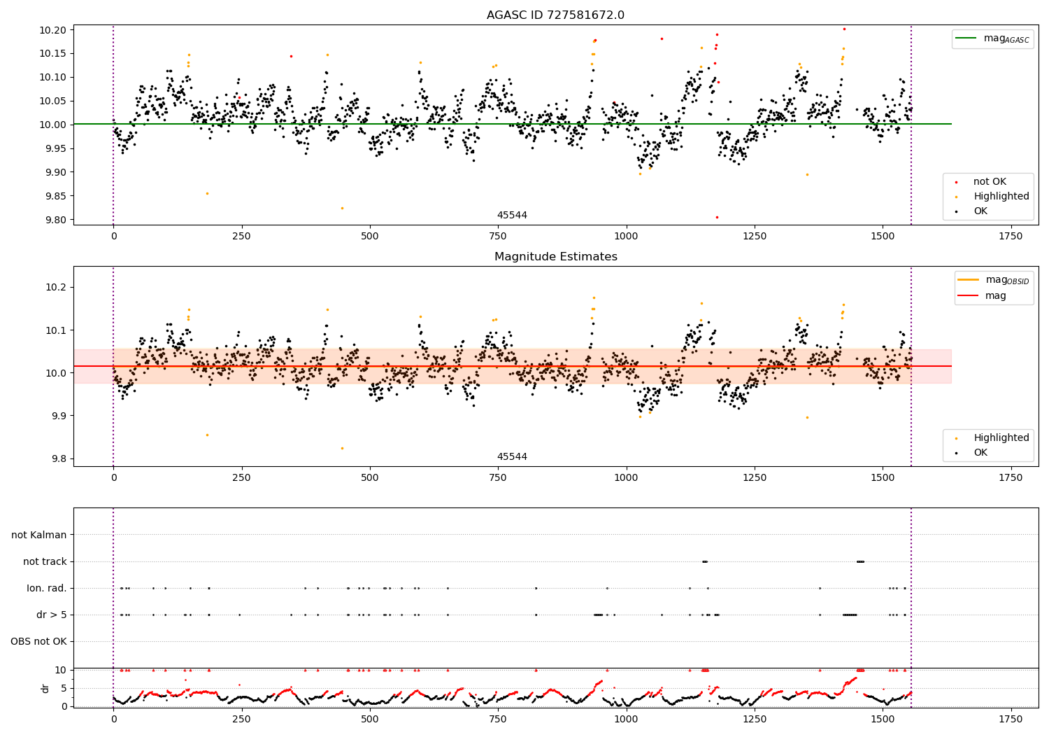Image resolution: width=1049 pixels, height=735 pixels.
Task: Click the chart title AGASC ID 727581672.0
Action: (555, 15)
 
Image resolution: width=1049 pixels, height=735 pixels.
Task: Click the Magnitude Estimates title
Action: (555, 257)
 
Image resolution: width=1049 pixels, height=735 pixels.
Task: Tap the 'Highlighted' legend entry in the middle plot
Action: (1001, 438)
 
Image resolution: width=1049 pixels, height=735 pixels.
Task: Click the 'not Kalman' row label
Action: (39, 535)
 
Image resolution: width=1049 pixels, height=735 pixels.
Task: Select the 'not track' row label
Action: (45, 562)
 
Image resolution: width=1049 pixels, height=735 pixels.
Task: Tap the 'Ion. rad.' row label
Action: (46, 589)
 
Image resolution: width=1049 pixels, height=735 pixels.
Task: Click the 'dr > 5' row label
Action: (51, 615)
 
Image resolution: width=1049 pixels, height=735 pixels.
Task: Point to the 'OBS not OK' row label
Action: (38, 642)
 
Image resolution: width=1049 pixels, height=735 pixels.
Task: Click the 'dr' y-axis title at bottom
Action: (45, 688)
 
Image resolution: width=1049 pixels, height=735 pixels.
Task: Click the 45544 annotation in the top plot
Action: (512, 216)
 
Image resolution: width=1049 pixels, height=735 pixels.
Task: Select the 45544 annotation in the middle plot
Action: (512, 457)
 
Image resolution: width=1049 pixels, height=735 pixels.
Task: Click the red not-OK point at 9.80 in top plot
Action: (717, 217)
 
